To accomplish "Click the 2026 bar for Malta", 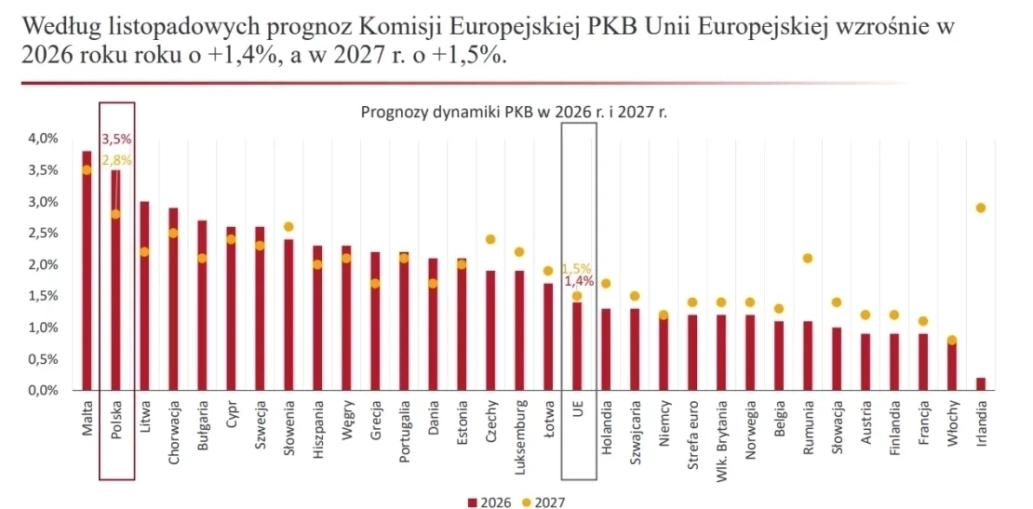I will pos(87,270).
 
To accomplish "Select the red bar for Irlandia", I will pos(980,383).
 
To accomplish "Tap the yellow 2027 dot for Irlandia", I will pos(980,208).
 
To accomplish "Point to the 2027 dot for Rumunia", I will pos(807,258).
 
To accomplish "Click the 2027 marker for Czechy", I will pos(490,239).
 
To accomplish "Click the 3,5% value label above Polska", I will pos(116,140).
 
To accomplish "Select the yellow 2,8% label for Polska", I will pos(116,160).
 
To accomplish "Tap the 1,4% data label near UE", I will pos(577,280).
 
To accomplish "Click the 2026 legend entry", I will pos(485,502).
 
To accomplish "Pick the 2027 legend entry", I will pos(543,502).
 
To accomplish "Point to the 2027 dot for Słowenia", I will pos(288,226).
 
